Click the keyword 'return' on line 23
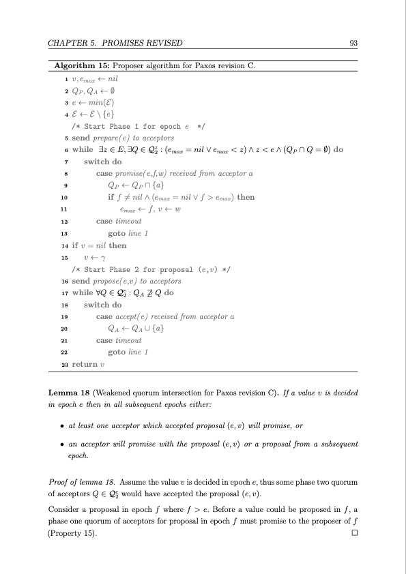pos(83,364)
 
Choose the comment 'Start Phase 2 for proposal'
pos(147,269)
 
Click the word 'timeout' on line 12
pos(130,222)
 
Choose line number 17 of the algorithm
pos(63,292)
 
